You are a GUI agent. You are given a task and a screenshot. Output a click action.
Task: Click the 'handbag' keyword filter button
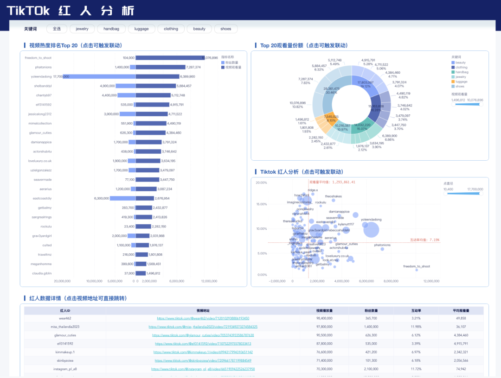click(x=111, y=29)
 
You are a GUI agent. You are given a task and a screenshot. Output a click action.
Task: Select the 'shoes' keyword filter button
click(x=226, y=29)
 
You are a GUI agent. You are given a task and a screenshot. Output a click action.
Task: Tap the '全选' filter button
click(x=57, y=29)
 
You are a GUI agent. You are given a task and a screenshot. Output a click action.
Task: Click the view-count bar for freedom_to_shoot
click(x=169, y=58)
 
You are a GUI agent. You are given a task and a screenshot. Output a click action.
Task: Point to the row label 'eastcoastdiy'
click(x=42, y=198)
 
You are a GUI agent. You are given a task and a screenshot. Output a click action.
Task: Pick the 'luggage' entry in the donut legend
click(x=461, y=82)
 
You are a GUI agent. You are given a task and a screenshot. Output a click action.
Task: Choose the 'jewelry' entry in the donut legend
click(x=461, y=77)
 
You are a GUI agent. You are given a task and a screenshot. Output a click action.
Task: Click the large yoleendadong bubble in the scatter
click(x=371, y=229)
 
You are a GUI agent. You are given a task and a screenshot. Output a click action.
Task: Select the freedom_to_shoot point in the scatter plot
click(x=417, y=270)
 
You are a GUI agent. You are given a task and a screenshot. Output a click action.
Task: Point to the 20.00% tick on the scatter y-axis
click(x=261, y=183)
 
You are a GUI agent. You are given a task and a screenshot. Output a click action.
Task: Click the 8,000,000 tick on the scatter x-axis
click(x=391, y=281)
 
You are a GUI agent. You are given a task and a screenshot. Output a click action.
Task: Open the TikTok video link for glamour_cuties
click(x=203, y=335)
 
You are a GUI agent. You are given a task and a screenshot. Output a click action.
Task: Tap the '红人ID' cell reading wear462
click(x=65, y=318)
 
